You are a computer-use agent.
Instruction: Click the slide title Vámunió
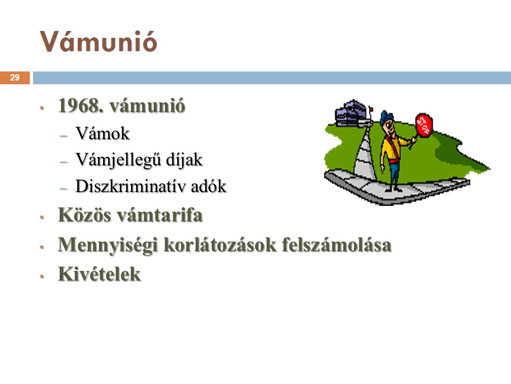click(x=98, y=42)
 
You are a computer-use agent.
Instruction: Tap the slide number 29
click(x=15, y=78)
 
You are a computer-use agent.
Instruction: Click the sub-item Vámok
click(x=102, y=133)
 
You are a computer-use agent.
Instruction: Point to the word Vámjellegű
click(x=118, y=160)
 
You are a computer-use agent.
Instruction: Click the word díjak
click(x=184, y=160)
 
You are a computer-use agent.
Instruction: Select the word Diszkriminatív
click(x=131, y=186)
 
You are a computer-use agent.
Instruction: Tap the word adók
click(x=209, y=186)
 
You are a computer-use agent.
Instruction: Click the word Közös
click(x=84, y=215)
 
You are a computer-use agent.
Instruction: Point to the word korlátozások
click(x=220, y=245)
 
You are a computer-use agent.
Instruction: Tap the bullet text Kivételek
click(x=100, y=274)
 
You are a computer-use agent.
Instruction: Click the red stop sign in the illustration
click(x=424, y=125)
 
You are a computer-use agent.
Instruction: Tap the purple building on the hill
click(x=351, y=113)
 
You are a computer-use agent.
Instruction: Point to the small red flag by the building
click(x=371, y=109)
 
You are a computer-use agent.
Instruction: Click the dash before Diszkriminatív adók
click(x=64, y=189)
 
